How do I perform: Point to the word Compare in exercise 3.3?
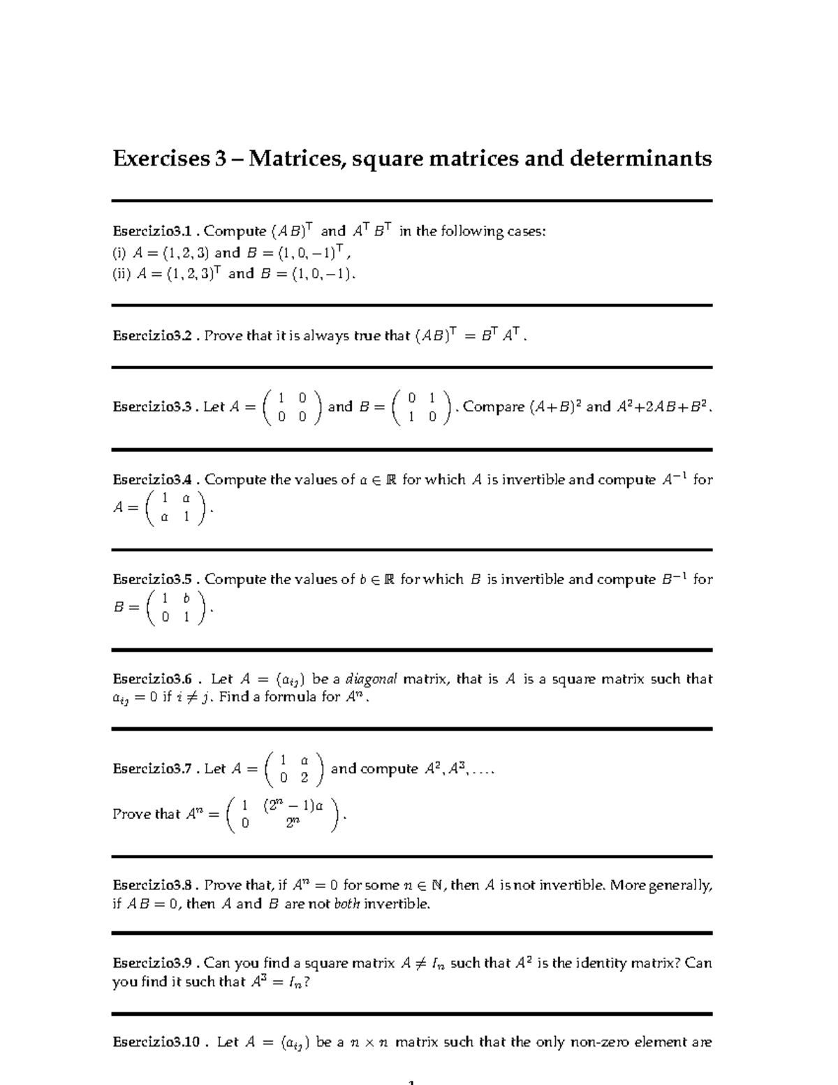click(493, 407)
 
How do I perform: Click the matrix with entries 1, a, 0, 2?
click(293, 769)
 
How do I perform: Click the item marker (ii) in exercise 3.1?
click(122, 275)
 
